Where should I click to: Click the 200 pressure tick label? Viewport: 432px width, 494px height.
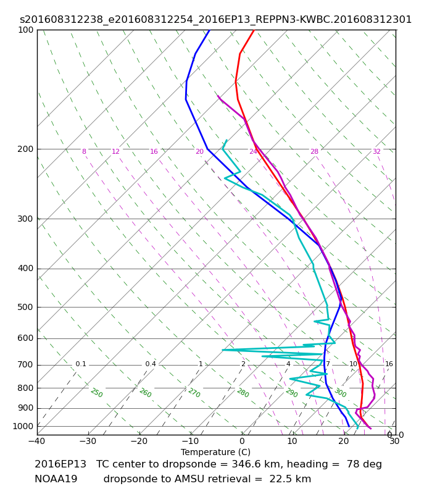(x=25, y=149)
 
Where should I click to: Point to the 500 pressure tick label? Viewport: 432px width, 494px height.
(x=25, y=307)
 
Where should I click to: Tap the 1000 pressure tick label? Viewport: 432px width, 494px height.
(x=23, y=426)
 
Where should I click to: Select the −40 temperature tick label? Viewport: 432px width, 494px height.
(x=37, y=441)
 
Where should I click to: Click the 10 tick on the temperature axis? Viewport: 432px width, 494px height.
(x=292, y=441)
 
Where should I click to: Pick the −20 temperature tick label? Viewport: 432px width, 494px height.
(x=139, y=441)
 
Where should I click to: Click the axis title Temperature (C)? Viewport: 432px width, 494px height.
(x=215, y=452)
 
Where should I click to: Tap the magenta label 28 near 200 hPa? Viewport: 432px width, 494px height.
(x=315, y=151)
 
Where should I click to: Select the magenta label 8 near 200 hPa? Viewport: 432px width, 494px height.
(x=84, y=151)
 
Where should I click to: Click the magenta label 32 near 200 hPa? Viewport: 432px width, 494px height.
(x=377, y=151)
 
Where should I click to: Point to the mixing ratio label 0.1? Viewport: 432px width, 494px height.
(x=81, y=364)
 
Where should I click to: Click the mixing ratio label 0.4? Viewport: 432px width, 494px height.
(x=151, y=364)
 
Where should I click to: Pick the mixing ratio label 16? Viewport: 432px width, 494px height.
(x=389, y=364)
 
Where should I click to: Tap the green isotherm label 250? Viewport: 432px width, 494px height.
(x=97, y=393)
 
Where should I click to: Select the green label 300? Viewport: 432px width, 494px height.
(x=341, y=393)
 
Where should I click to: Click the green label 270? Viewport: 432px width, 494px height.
(x=194, y=393)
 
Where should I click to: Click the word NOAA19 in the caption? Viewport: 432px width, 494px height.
(x=56, y=479)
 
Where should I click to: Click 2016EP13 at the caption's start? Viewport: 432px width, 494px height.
(x=60, y=464)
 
